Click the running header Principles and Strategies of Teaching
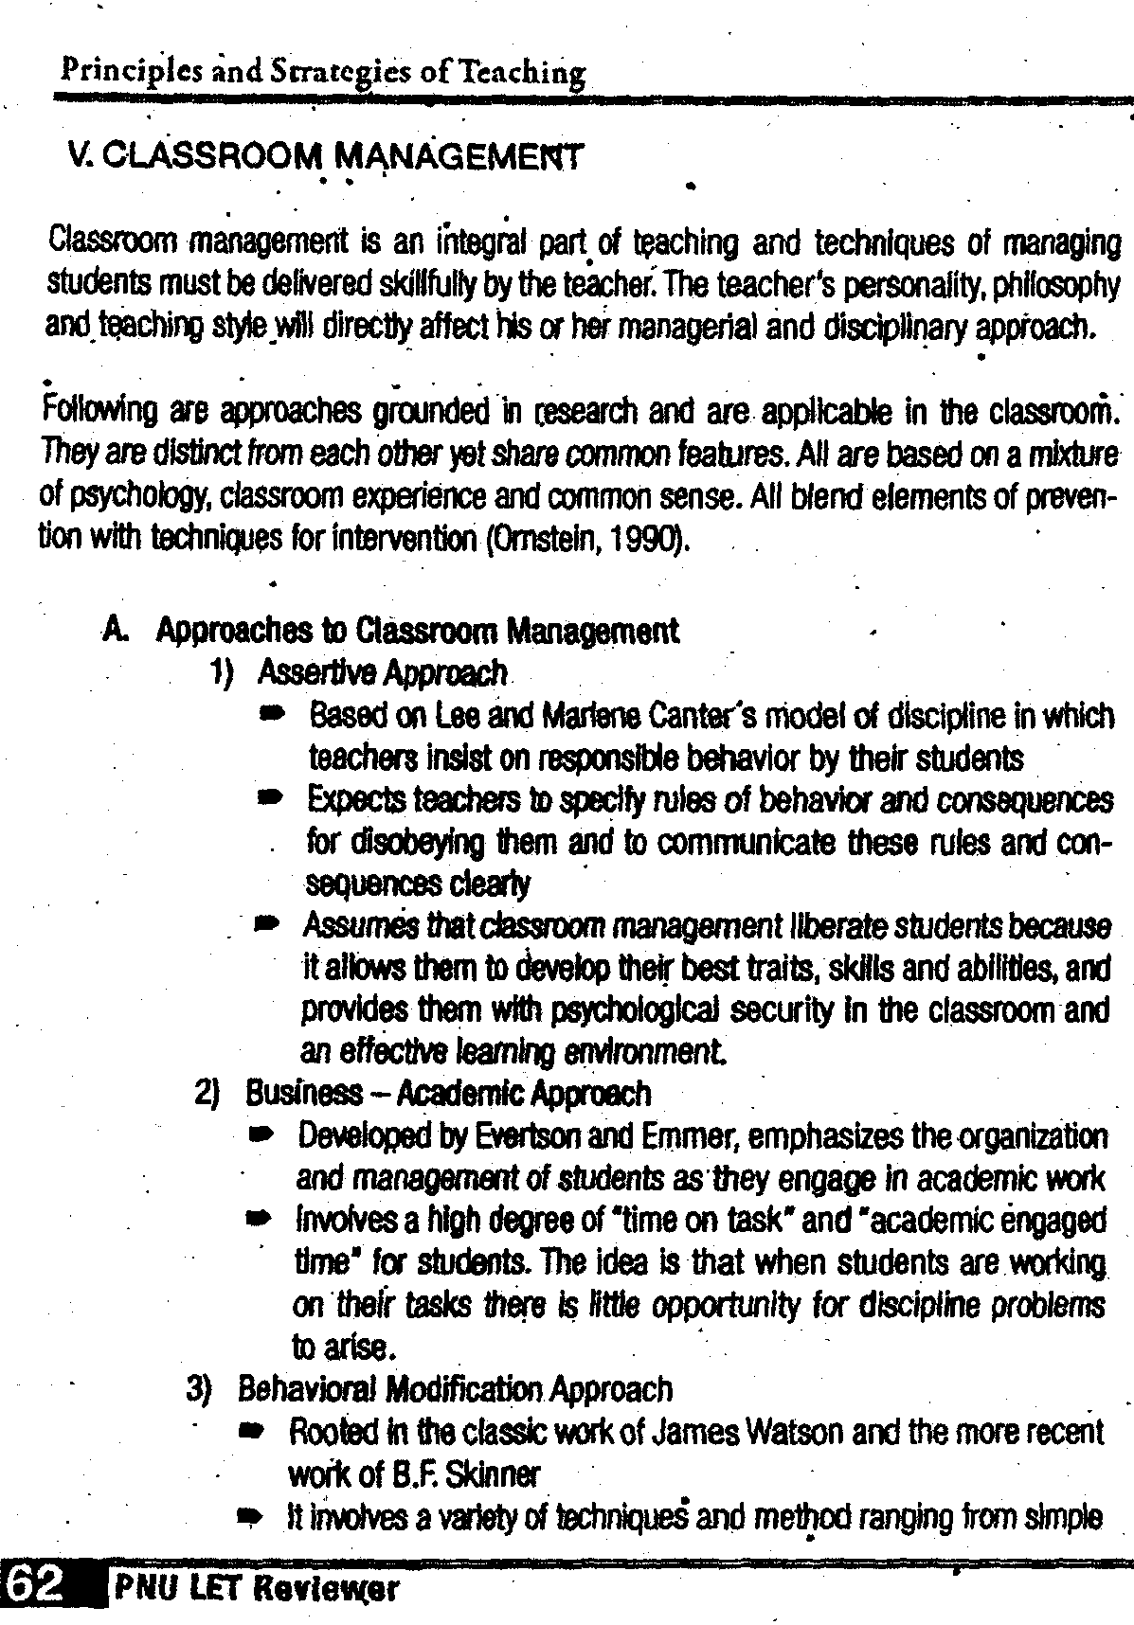(322, 72)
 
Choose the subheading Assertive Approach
(382, 672)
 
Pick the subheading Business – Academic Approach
(447, 1094)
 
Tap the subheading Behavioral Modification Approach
(455, 1389)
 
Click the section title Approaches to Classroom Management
(417, 630)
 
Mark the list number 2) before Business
(207, 1094)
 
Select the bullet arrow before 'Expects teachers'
(269, 800)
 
